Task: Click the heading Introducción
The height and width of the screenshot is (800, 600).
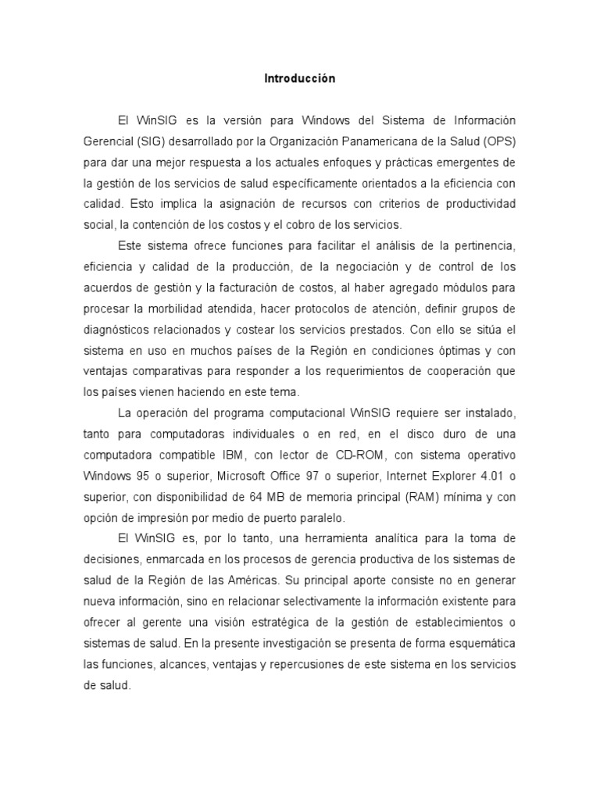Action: click(299, 79)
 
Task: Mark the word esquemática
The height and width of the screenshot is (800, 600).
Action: click(477, 643)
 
